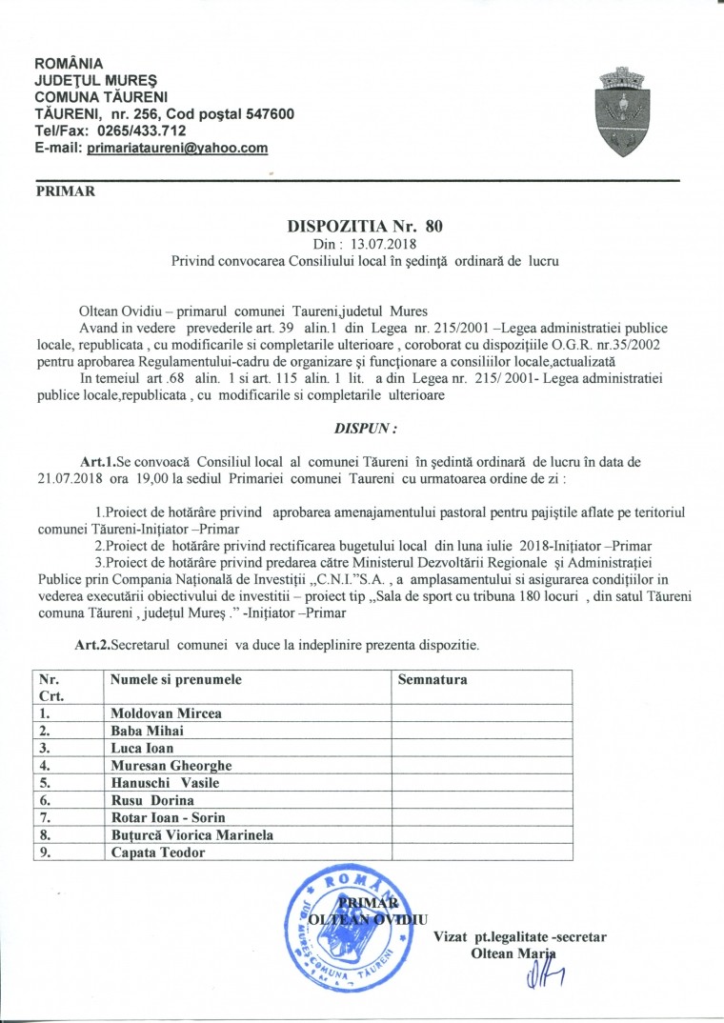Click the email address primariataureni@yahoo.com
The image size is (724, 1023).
tap(177, 149)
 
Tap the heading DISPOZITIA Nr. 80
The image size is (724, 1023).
tap(366, 228)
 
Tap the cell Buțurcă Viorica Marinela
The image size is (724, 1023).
tap(192, 834)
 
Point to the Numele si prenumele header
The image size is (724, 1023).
tap(176, 680)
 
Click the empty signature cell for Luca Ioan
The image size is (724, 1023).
tap(481, 748)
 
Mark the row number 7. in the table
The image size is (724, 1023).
tap(43, 817)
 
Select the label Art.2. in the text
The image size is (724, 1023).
tap(92, 645)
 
